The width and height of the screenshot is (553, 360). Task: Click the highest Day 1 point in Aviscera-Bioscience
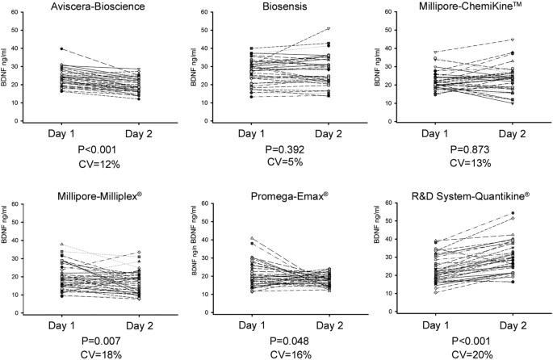coord(61,48)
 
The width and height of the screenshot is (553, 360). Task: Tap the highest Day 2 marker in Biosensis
coord(329,28)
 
